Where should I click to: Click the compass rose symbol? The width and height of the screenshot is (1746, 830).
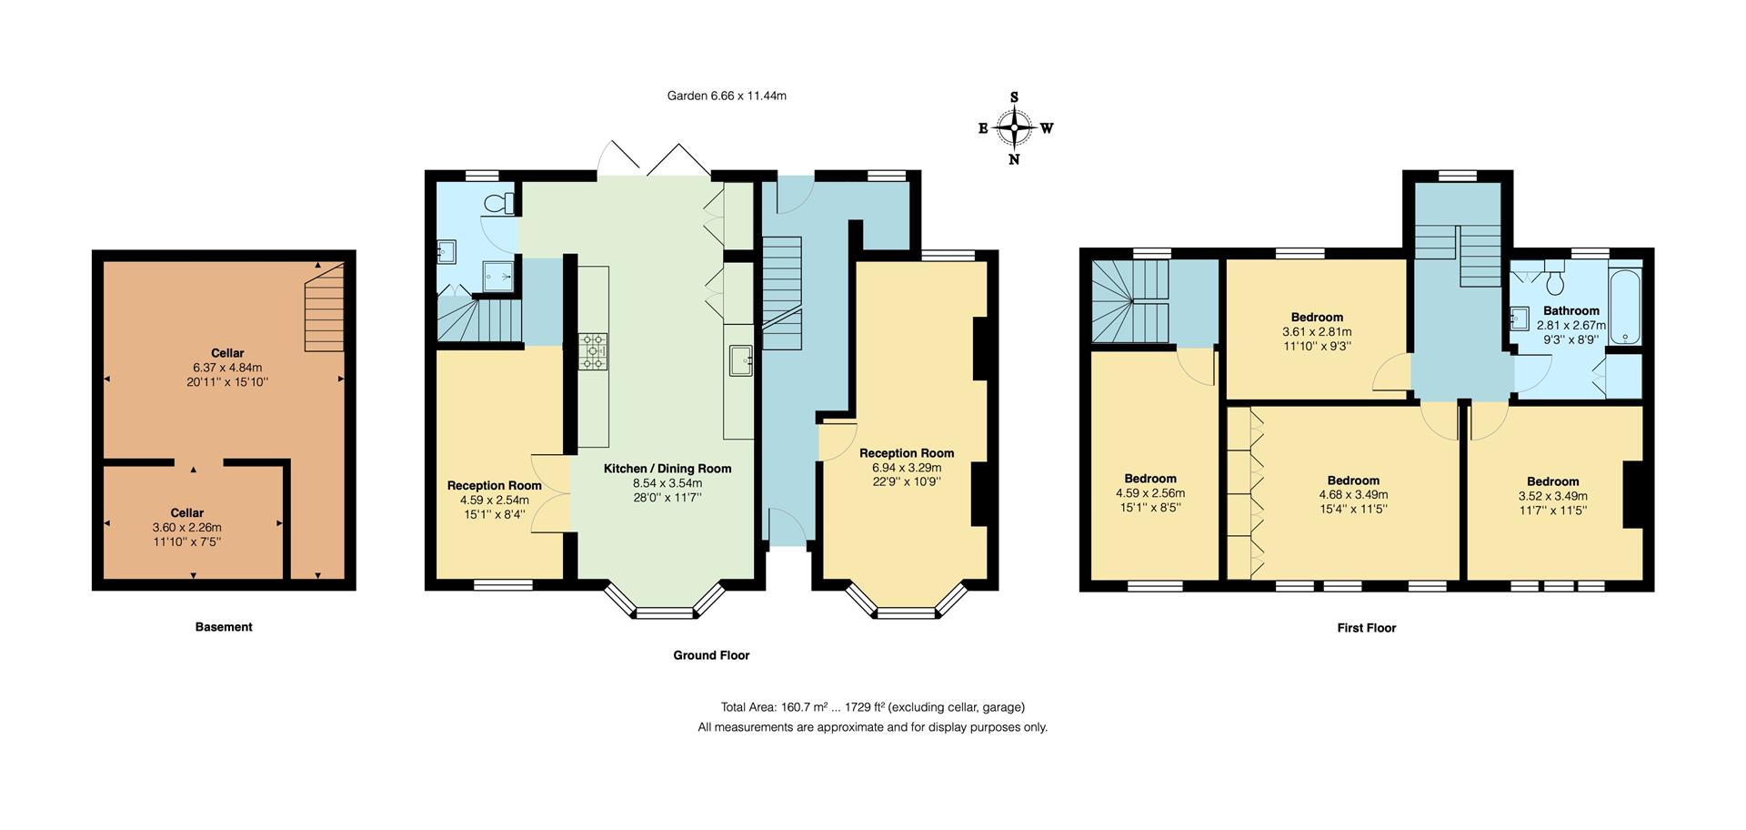point(1015,128)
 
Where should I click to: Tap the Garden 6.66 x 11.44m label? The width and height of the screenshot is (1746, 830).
point(727,96)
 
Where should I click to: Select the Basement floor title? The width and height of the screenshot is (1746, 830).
point(224,627)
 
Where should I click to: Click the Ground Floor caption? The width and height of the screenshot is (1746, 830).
point(711,655)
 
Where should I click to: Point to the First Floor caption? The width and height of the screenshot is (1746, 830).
point(1366,628)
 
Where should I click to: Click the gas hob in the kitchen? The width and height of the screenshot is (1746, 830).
point(593,352)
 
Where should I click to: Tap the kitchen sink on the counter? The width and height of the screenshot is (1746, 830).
point(740,359)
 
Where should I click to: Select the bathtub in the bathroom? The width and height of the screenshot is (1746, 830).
point(1625,304)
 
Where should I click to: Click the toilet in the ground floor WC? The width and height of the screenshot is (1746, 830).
point(498,203)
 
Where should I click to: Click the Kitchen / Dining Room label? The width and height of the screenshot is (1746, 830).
point(667,469)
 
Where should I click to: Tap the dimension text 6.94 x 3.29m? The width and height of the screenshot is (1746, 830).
point(907,468)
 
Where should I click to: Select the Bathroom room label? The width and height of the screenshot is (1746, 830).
point(1570,310)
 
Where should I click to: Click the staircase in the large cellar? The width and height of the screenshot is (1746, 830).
point(325,308)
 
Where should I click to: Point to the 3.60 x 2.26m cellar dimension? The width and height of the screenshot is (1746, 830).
point(186,528)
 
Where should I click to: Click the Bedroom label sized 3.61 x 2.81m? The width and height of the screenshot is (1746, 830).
point(1317,318)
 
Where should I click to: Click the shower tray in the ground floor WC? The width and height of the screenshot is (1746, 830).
point(498,272)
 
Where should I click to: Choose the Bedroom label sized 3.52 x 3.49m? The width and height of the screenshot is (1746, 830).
point(1552,481)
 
